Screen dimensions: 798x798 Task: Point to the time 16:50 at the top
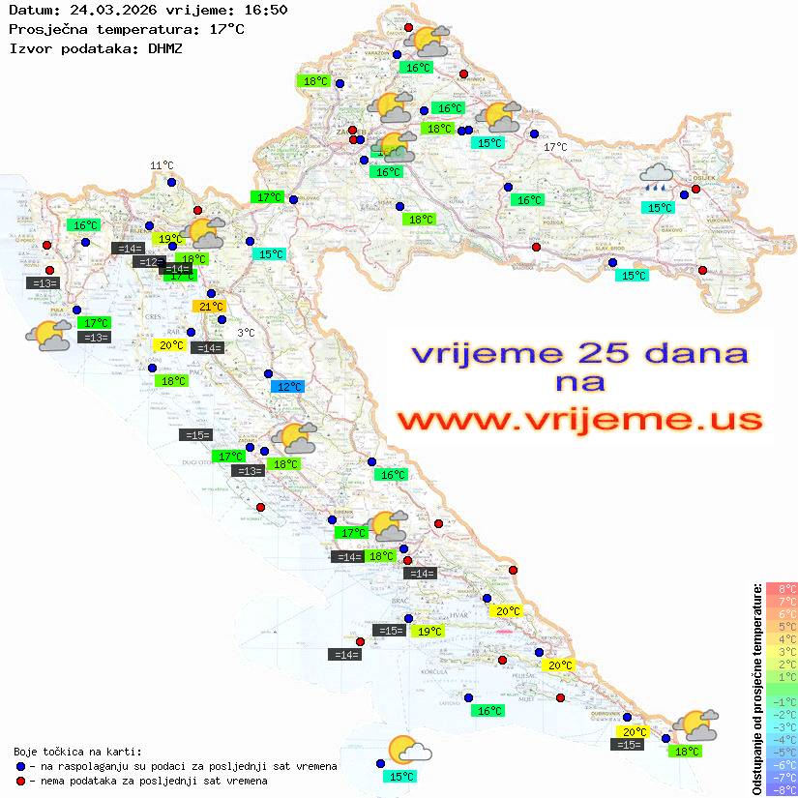(265, 11)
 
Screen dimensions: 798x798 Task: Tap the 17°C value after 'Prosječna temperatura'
(226, 29)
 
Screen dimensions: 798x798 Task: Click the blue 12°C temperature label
(287, 387)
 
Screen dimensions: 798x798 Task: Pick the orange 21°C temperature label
(211, 308)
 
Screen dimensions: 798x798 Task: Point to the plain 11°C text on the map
(162, 166)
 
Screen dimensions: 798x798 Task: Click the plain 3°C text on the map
(246, 333)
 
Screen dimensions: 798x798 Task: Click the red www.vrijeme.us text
(578, 421)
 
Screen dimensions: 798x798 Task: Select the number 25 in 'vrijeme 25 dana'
(604, 353)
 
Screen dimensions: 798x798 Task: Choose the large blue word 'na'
(579, 383)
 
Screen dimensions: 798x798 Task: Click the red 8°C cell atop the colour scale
(781, 589)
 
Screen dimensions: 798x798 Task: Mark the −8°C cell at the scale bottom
(781, 789)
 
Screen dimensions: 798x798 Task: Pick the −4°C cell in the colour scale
(781, 739)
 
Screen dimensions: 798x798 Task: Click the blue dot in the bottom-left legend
(21, 766)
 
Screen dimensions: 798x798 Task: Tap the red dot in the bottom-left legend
(21, 781)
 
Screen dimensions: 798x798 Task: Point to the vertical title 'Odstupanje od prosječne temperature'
(757, 689)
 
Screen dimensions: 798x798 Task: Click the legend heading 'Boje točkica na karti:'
(77, 752)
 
